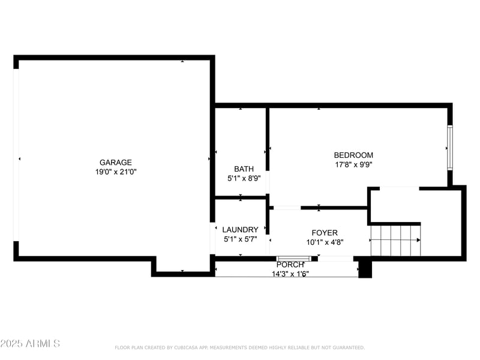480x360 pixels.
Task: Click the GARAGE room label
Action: pyautogui.click(x=115, y=162)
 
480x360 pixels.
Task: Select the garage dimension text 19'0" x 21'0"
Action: pyautogui.click(x=115, y=172)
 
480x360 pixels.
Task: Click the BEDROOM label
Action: pyautogui.click(x=353, y=155)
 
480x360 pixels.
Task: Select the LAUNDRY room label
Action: pyautogui.click(x=240, y=229)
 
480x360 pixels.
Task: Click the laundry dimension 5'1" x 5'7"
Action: pyautogui.click(x=240, y=239)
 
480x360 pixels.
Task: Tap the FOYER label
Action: pyautogui.click(x=324, y=233)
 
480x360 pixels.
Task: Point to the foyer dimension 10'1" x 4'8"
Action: pyautogui.click(x=324, y=242)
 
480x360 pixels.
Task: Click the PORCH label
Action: pyautogui.click(x=290, y=265)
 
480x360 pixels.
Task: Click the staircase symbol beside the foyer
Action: pyautogui.click(x=395, y=240)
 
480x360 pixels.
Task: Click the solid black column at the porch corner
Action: pyautogui.click(x=365, y=268)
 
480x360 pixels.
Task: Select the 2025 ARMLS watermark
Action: pyautogui.click(x=30, y=343)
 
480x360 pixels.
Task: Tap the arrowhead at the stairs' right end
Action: pyautogui.click(x=418, y=240)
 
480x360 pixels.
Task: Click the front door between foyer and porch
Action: pyautogui.click(x=293, y=259)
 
